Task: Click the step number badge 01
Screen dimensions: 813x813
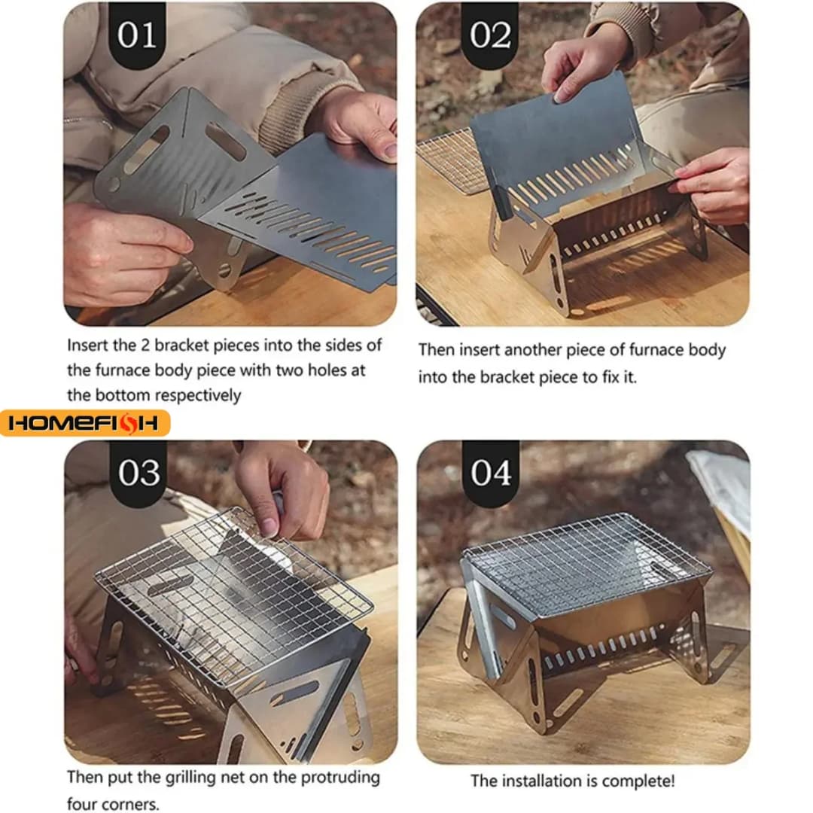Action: [137, 35]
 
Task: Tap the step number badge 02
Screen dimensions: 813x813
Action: [489, 35]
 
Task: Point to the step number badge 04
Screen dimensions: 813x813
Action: [489, 473]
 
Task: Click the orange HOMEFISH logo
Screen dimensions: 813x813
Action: [84, 424]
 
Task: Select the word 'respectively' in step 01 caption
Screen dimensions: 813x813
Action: [199, 395]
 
